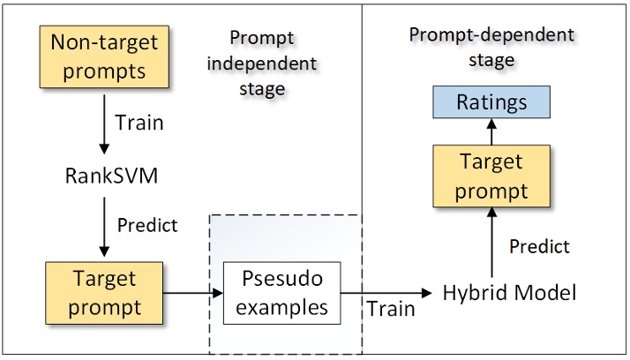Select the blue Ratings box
491,103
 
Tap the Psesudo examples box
282,293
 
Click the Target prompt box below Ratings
491,176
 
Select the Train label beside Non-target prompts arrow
139,122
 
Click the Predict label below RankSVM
147,225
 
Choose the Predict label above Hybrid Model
539,246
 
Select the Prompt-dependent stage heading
491,48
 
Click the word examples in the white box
282,306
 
